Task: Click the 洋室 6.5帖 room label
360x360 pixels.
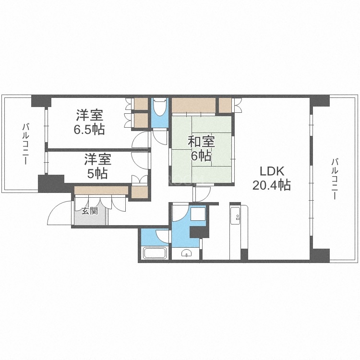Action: click(x=90, y=122)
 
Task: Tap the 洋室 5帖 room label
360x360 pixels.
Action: click(x=97, y=166)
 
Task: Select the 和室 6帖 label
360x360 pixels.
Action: click(x=201, y=148)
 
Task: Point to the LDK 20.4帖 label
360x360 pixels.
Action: click(x=272, y=178)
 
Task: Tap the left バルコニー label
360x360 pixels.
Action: click(x=24, y=144)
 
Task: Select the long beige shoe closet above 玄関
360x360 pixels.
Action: click(x=101, y=191)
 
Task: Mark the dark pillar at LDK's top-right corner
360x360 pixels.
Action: click(x=320, y=101)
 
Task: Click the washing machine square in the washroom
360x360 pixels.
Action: click(x=197, y=214)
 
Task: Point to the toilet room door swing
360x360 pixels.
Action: click(x=158, y=136)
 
